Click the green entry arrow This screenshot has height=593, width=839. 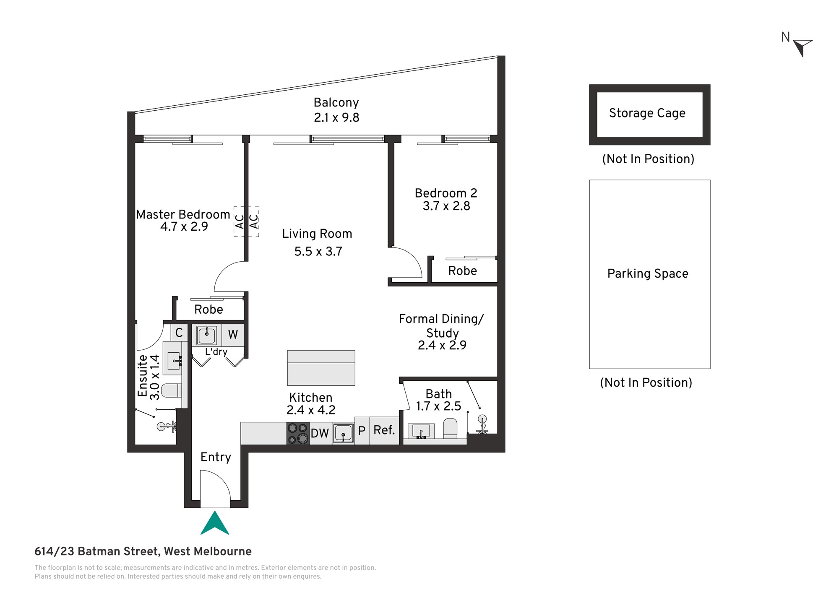[215, 523]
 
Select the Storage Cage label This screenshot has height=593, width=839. [647, 113]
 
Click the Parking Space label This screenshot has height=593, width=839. [648, 273]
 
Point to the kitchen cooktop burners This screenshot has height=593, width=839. [298, 434]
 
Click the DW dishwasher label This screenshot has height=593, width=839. [320, 434]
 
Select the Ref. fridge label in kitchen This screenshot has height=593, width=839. [384, 430]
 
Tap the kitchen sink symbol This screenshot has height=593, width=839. [343, 433]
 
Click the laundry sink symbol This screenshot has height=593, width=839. [207, 336]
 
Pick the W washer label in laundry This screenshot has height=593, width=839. [233, 334]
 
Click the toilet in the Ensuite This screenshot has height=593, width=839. [172, 390]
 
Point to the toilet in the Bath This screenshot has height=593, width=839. [450, 428]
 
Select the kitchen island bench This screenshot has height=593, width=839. [321, 368]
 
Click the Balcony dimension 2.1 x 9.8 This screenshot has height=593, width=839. [336, 117]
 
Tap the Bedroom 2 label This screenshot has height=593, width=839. [446, 193]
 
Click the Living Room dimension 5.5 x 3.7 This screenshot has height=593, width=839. [318, 251]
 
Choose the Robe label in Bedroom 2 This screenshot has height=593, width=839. [462, 271]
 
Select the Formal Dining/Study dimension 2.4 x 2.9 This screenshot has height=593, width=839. [442, 345]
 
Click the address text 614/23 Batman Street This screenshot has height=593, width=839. [97, 551]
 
